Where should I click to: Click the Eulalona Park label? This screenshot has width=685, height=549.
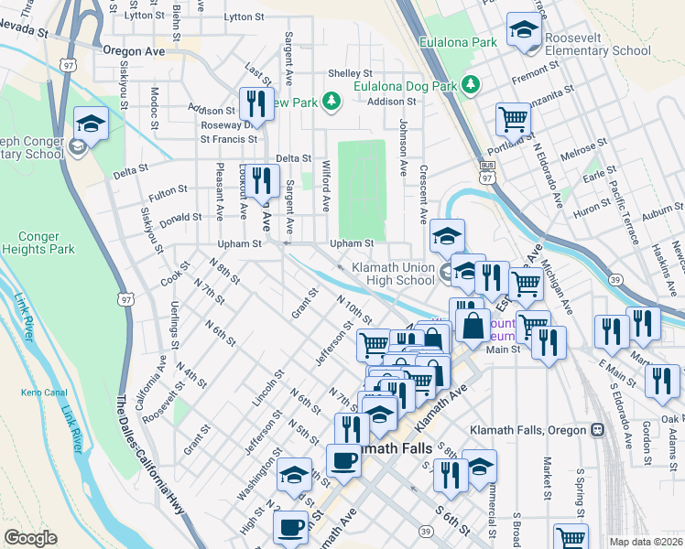coord(458,42)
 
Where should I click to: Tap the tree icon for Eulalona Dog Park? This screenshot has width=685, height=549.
coord(472,85)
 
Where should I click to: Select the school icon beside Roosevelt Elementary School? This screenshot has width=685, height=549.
coord(524,30)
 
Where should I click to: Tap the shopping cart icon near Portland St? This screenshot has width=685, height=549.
coord(514,118)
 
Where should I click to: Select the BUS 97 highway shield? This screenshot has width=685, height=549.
coord(487,172)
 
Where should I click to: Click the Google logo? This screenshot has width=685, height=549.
coord(31,537)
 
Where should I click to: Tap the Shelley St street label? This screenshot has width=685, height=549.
coord(350,73)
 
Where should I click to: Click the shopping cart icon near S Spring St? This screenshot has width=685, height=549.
coord(571,538)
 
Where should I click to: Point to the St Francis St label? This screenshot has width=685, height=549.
coord(228,139)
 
